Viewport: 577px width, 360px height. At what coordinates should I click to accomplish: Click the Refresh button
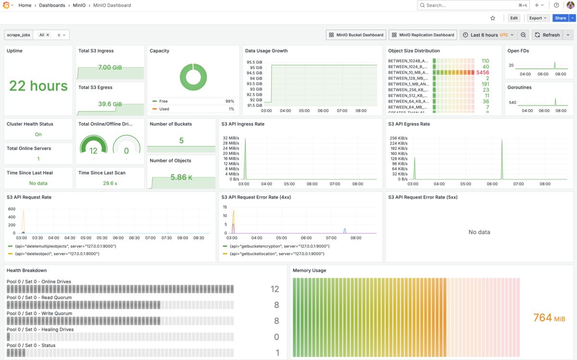(x=547, y=35)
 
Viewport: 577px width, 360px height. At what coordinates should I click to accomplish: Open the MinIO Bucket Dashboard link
(x=356, y=35)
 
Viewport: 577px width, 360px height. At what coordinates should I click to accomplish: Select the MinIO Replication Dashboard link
(x=423, y=35)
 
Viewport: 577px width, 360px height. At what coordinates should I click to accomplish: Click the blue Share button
(x=560, y=18)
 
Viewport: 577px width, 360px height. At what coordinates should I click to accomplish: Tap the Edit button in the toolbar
(x=514, y=18)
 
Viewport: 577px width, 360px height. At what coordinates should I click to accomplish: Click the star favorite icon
(x=493, y=18)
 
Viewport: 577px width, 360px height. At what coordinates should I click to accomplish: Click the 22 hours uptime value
(x=38, y=86)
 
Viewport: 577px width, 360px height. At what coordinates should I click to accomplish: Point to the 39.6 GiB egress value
(x=110, y=104)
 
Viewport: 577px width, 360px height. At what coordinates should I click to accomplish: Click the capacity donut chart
(x=193, y=77)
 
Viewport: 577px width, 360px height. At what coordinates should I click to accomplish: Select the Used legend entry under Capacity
(x=164, y=109)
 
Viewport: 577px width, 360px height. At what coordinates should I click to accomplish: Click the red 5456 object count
(x=482, y=73)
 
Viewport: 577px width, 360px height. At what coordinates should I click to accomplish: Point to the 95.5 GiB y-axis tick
(x=254, y=62)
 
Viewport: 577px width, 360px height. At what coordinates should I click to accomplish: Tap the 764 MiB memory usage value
(x=549, y=318)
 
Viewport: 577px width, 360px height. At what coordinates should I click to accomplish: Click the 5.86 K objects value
(x=181, y=177)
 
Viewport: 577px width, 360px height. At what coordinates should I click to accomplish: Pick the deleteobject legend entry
(x=57, y=254)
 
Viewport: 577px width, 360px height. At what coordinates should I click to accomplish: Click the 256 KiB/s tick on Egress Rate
(x=399, y=138)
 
